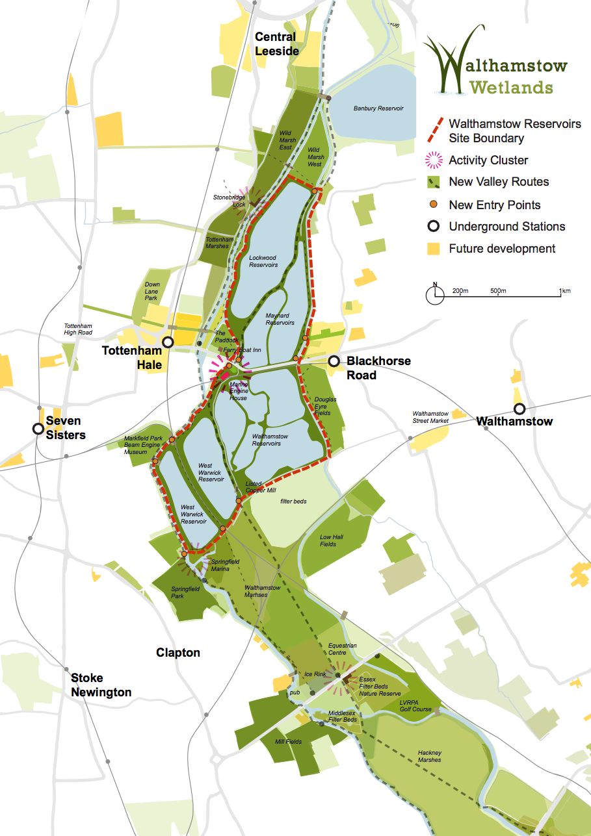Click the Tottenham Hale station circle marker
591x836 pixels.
tap(168, 342)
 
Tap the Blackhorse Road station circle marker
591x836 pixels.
tap(334, 361)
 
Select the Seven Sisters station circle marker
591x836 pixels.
tap(39, 429)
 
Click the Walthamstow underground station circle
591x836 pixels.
tap(519, 409)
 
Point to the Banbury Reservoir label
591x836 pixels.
tap(374, 108)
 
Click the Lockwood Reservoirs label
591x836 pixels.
tap(263, 261)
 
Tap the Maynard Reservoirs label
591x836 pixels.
tap(280, 319)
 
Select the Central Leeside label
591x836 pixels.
tap(276, 44)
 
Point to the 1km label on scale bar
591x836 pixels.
tap(564, 291)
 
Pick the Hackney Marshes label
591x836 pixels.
tap(429, 756)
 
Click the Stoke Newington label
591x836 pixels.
tap(101, 685)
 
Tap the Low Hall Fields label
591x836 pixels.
tap(332, 540)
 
